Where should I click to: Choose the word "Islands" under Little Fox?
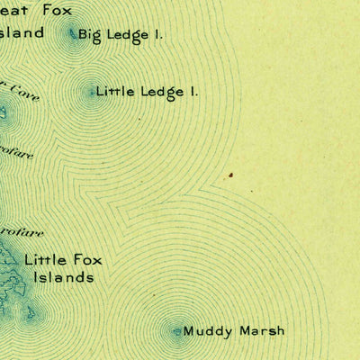pos(63,278)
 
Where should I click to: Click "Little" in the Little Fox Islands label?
pos(45,260)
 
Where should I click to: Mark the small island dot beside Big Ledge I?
pos(72,36)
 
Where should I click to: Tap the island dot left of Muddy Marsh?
pos(177,332)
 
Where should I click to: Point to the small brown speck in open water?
pos(231,175)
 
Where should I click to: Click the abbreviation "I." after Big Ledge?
pos(158,35)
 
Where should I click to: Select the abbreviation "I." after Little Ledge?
pos(192,91)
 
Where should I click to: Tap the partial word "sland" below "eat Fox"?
pos(23,33)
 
